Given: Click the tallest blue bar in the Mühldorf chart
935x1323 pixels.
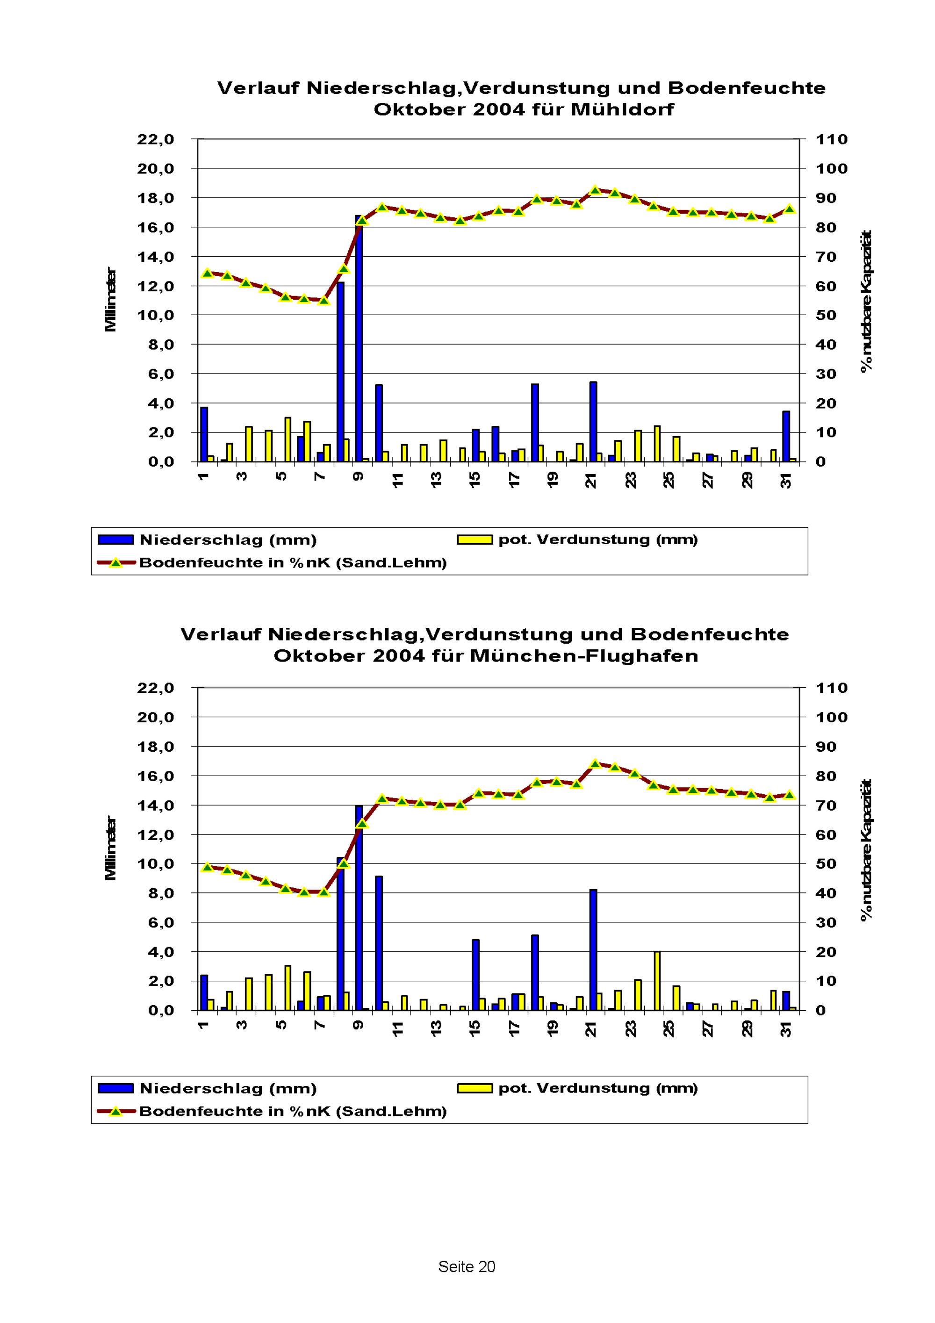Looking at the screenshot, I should (x=359, y=340).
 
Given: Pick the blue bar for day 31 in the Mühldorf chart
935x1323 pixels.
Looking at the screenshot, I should (x=786, y=436).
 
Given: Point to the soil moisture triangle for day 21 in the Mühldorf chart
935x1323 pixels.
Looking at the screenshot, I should (x=596, y=190).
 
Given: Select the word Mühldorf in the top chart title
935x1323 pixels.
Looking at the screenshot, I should (x=622, y=109).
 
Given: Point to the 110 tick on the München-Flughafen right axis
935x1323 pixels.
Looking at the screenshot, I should (x=831, y=688).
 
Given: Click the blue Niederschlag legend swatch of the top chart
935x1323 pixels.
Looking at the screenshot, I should (x=116, y=540).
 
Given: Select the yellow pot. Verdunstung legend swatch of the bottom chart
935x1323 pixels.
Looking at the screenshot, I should (x=475, y=1088).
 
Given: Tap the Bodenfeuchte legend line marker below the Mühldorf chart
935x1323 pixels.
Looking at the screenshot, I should (x=116, y=563).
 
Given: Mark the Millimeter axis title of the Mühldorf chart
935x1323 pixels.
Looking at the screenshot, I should (x=111, y=300).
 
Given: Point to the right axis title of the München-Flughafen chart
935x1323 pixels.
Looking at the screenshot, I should (x=866, y=850).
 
